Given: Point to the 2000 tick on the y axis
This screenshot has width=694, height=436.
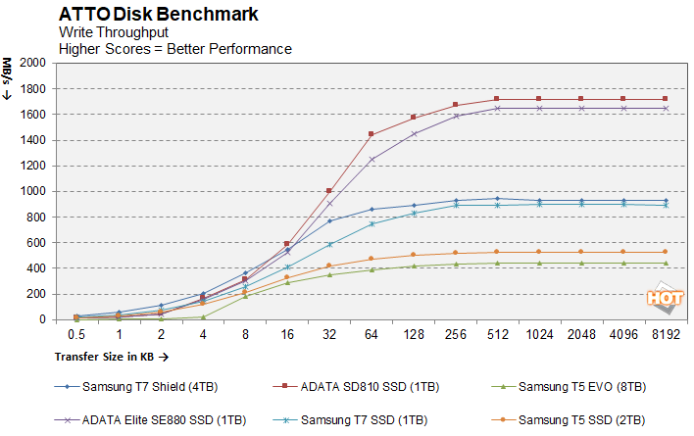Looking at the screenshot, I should coord(32,63).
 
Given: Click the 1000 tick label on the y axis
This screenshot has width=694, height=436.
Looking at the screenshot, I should coord(32,191).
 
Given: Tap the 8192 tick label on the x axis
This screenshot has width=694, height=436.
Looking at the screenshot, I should coord(666,334).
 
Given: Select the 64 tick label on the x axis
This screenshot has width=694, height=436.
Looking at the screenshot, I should coord(371,334).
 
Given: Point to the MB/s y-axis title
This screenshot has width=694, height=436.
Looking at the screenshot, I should coord(14,78).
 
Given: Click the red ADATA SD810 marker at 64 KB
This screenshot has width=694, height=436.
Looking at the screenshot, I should coord(371,134).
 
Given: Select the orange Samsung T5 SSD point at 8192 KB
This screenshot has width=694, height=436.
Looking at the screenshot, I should coord(666,252).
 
